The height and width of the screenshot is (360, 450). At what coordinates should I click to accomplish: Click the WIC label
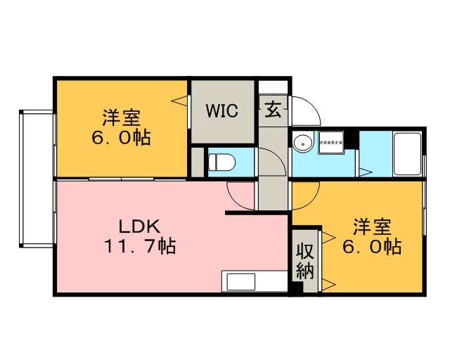(221, 110)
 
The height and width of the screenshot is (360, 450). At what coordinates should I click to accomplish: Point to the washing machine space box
(330, 143)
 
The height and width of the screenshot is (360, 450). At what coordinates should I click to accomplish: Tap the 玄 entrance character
(273, 110)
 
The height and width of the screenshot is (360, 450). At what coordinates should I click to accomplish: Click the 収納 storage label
(304, 261)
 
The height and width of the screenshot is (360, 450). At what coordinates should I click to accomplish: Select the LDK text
(140, 227)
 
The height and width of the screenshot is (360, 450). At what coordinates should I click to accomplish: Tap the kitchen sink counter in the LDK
(254, 281)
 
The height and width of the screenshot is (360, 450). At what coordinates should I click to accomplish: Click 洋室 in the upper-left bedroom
(120, 116)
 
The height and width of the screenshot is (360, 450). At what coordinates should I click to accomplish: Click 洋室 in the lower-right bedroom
(372, 227)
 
